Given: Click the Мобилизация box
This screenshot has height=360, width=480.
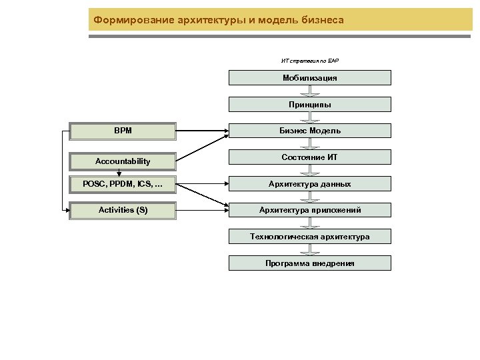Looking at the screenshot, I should coord(310,78).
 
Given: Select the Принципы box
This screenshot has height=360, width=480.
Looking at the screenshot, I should coord(310,105).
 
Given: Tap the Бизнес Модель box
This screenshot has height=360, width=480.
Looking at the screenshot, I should coord(310,131).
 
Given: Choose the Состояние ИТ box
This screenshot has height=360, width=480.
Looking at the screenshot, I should coord(310,157).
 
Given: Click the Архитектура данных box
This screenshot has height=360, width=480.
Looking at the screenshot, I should coord(310,184).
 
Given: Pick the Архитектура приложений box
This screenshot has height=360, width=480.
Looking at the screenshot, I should coord(310,210).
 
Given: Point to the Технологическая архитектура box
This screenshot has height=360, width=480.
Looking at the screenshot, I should coord(310,237).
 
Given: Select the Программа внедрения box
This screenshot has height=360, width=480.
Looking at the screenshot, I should coord(310,263).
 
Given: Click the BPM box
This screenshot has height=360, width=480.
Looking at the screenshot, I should coord(123,131).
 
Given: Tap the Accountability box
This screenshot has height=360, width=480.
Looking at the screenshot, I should coord(123,161).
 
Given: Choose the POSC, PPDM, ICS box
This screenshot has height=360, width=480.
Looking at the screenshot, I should coord(123,184).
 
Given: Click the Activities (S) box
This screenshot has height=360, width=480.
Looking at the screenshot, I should coord(123,211).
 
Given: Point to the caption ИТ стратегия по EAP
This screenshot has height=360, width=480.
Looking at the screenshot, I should coord(310,61).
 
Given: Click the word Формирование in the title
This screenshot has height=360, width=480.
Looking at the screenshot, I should coord(134,20).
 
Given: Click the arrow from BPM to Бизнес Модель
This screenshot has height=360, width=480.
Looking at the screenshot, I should coord(203,131).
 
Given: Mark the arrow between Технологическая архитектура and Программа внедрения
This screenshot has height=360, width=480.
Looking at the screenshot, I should coord(310,250).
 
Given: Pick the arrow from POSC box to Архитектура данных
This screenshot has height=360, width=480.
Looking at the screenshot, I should coord(203,184).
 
